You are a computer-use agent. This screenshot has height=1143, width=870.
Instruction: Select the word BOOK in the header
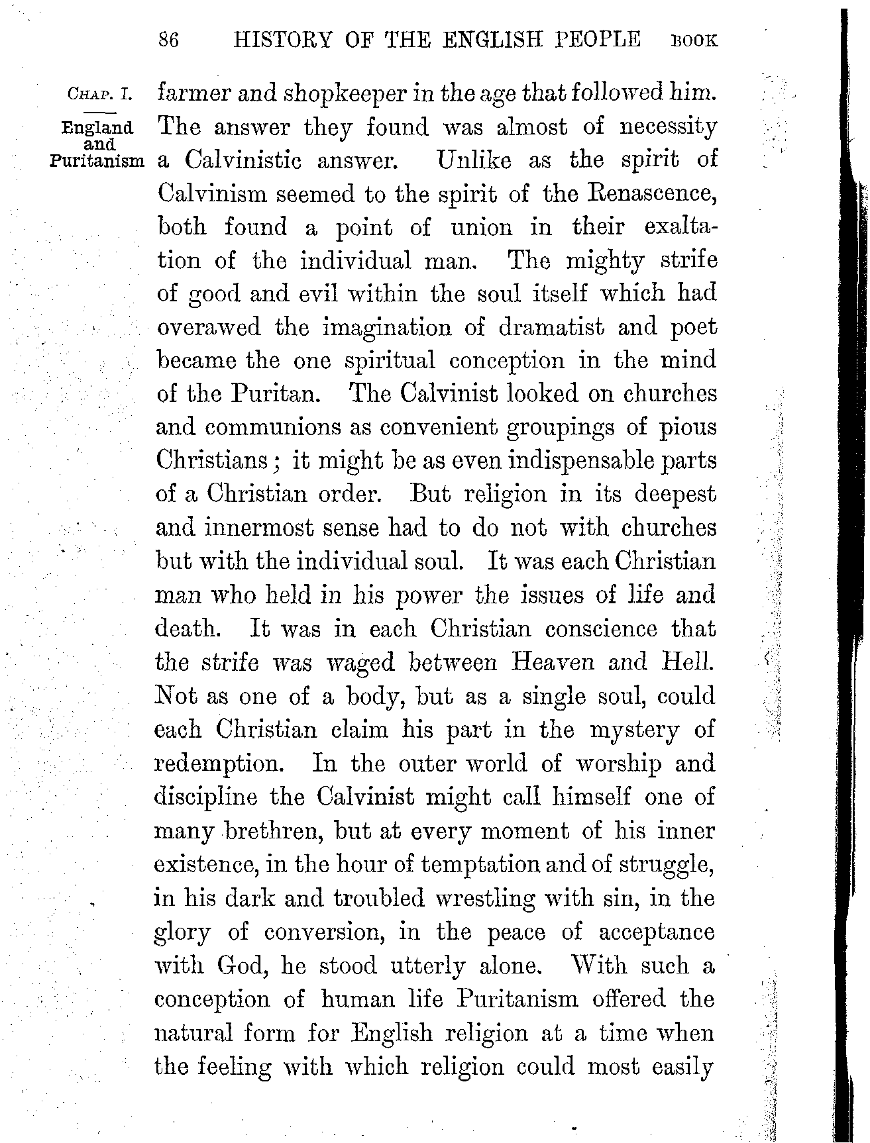point(694,41)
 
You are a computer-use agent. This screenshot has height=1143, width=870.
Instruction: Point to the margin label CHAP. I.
point(100,94)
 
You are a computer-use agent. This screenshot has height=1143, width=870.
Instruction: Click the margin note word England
point(97,127)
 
